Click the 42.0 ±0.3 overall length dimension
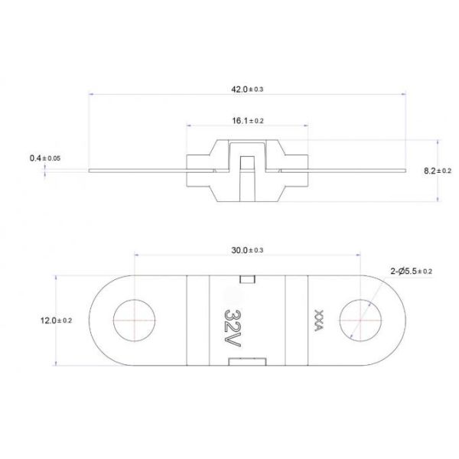coord(246,90)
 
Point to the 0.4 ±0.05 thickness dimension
coord(44,158)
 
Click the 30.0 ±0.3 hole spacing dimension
coord(247,250)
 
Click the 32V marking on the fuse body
coord(235,320)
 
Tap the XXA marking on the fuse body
coord(317,320)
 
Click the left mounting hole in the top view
coord(134,321)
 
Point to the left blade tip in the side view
coord(92,171)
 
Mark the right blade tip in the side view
coord(402,171)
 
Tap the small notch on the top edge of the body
coord(246,278)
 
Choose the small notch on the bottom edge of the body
coord(246,361)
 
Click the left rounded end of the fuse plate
coord(101,321)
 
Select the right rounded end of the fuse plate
coord(392,321)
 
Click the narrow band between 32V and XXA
coord(291,321)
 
